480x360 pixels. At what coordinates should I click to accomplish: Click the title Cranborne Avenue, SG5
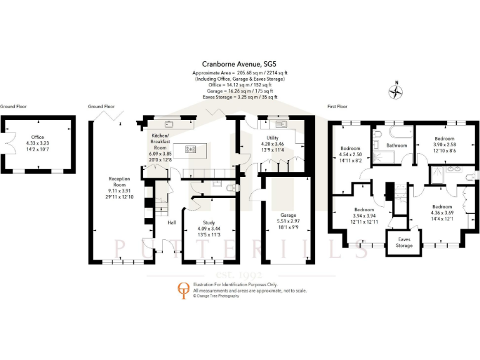(x=240, y=64)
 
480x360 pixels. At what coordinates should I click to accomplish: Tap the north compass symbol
(x=395, y=92)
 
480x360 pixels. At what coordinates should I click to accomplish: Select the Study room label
(x=209, y=223)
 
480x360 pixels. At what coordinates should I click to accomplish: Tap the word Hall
(x=172, y=222)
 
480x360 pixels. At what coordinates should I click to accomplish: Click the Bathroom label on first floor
(x=396, y=146)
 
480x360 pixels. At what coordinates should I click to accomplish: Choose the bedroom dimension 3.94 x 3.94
(x=364, y=216)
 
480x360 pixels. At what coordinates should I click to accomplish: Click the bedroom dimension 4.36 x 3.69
(x=442, y=212)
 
